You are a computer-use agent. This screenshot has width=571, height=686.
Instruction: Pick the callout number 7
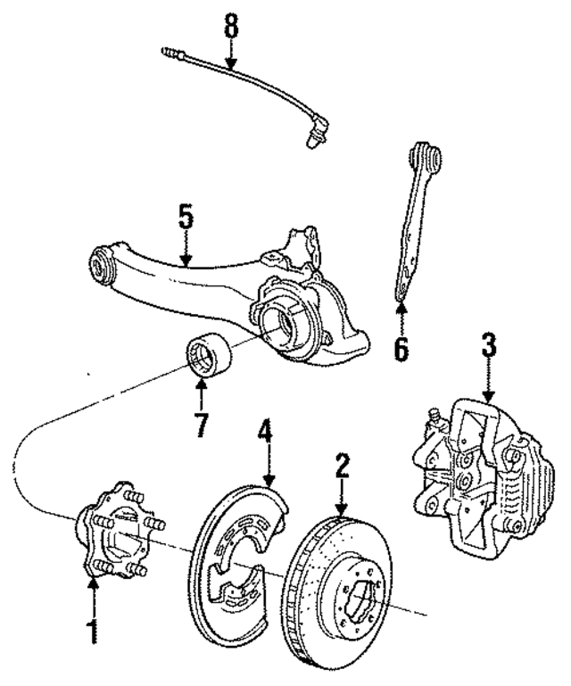click(x=202, y=422)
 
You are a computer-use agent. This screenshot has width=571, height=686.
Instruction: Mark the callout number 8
click(x=231, y=25)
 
